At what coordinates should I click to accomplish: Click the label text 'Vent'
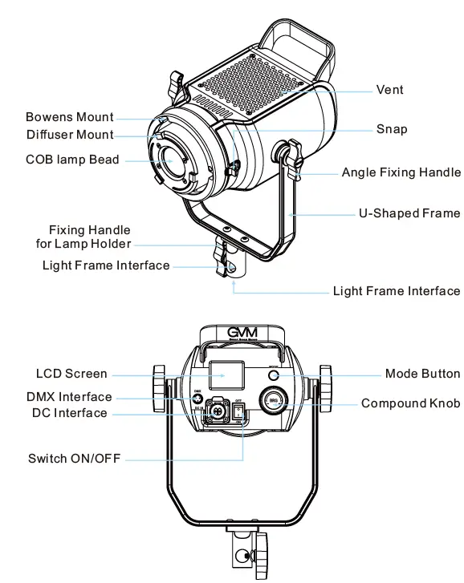(x=390, y=90)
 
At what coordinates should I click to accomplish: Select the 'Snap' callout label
(x=392, y=129)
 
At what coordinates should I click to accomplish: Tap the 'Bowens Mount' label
(x=70, y=118)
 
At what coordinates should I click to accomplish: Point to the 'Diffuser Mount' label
(x=70, y=135)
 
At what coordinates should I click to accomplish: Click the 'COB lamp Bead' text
(x=72, y=160)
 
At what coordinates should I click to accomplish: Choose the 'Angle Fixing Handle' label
(x=401, y=172)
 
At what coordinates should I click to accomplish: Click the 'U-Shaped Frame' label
(x=409, y=213)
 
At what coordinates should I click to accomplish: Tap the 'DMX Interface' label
(x=70, y=396)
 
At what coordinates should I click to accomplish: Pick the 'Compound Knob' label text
(x=410, y=403)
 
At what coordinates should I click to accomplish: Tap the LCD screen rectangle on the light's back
(x=226, y=374)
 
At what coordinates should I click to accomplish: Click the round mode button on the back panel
(x=273, y=374)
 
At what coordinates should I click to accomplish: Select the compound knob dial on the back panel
(x=273, y=401)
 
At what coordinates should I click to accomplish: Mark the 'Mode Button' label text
(x=422, y=374)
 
